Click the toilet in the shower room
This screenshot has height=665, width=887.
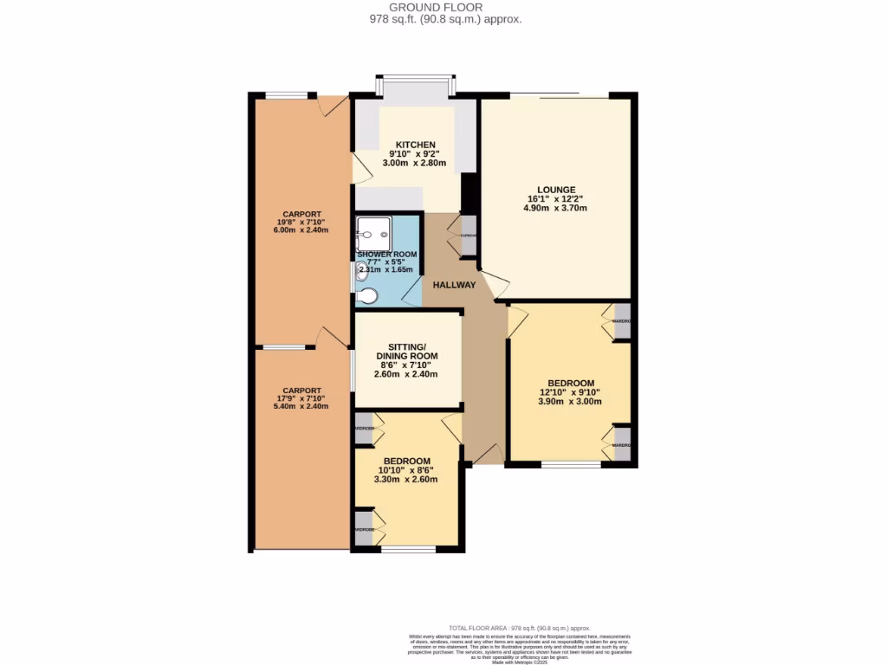pos(368,296)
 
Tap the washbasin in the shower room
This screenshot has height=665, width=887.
pos(361,270)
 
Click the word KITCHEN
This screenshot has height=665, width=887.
pos(415,145)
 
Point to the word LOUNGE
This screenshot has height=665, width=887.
pos(555,190)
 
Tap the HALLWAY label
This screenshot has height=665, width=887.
pos(454,285)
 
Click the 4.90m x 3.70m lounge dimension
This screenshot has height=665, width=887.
pos(555,209)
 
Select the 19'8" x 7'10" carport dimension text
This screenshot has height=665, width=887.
pos(302,223)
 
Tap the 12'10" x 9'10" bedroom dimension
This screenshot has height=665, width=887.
pos(570,392)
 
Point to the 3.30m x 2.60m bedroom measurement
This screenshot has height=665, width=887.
pos(406,479)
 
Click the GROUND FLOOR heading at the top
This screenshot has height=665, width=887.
pos(442,7)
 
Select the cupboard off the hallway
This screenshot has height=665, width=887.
pos(468,236)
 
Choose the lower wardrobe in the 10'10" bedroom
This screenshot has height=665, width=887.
pos(363,529)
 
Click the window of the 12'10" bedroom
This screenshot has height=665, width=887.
pos(570,465)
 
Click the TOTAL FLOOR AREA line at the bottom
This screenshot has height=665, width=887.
pos(519,628)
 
